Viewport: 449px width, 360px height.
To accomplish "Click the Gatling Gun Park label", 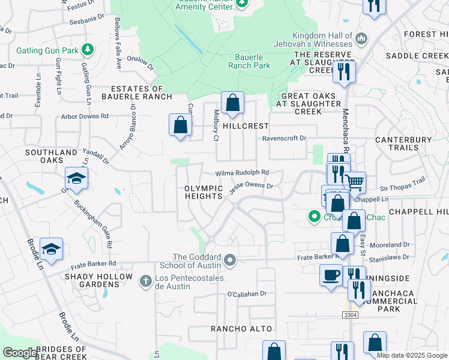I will pyautogui.click(x=47, y=49).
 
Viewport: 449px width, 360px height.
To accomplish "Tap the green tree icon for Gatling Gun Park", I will pyautogui.click(x=88, y=48).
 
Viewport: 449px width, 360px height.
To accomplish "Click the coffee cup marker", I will pyautogui.click(x=331, y=275).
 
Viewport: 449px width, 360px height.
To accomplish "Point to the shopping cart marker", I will pyautogui.click(x=354, y=181).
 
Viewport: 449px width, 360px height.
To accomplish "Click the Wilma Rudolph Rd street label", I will pyautogui.click(x=242, y=172).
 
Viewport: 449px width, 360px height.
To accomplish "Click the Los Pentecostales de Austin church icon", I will pyautogui.click(x=145, y=280).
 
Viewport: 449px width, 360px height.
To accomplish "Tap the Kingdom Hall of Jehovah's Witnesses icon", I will pyautogui.click(x=361, y=39).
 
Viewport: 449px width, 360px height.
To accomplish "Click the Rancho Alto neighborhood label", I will pyautogui.click(x=241, y=329).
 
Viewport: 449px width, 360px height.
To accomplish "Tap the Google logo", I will pyautogui.click(x=20, y=353).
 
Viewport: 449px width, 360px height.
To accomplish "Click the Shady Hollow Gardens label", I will pyautogui.click(x=98, y=280).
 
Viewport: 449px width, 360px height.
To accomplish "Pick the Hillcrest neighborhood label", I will pyautogui.click(x=246, y=127).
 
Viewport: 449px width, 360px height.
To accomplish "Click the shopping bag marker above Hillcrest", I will pyautogui.click(x=232, y=103).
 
